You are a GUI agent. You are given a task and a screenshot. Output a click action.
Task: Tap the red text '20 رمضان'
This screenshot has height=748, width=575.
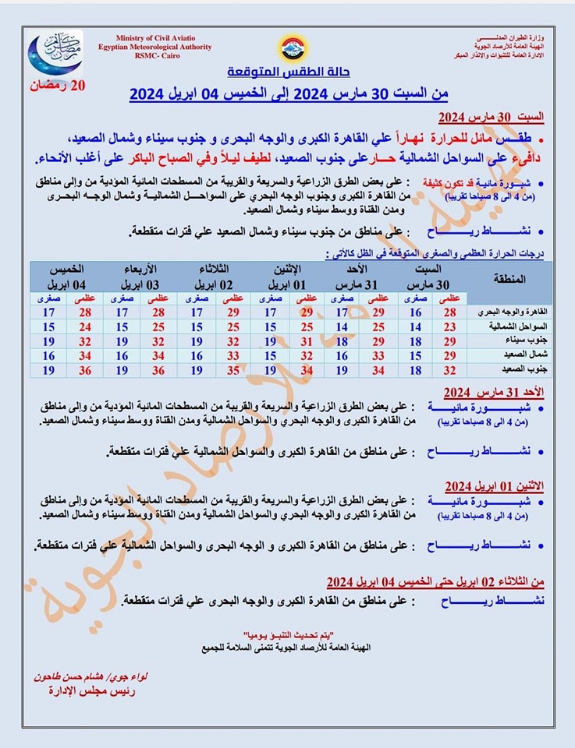55,85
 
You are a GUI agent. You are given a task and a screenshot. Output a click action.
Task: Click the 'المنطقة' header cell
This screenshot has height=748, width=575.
509,279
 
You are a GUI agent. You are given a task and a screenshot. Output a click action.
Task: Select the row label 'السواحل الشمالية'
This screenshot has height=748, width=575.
513,326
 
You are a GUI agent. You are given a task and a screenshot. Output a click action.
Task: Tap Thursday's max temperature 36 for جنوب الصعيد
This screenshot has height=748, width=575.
84,370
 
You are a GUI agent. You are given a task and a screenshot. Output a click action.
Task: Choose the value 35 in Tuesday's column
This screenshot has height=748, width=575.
232,370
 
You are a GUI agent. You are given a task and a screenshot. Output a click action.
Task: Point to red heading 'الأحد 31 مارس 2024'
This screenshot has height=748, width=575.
494,391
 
